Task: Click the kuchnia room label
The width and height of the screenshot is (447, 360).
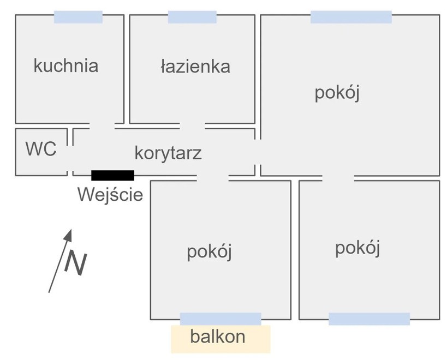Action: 66,66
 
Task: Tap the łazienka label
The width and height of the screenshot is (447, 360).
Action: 195,67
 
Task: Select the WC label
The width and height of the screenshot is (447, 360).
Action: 41,148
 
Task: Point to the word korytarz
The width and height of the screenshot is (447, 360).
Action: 168,153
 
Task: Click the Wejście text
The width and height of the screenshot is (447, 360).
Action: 110,195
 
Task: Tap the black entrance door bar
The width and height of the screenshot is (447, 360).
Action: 112,176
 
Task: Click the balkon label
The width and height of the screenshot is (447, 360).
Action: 218,337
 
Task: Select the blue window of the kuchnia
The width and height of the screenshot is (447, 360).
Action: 78,17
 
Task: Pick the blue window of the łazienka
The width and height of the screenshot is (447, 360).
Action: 192,17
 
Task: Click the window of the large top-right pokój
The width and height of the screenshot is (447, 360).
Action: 351,17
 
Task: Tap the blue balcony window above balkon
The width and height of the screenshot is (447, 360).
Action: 220,319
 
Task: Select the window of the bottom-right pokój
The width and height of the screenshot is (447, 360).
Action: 369,319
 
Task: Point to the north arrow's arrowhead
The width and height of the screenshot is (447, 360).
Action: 68,235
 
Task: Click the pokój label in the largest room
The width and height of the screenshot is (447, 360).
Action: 337,93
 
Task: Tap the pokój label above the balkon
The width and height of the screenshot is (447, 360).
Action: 209,253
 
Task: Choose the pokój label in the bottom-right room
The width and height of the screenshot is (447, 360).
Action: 357,249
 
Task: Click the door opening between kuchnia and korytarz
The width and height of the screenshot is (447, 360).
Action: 102,126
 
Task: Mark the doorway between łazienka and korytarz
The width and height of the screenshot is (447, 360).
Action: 192,126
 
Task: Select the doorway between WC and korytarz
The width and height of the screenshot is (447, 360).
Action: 70,158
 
